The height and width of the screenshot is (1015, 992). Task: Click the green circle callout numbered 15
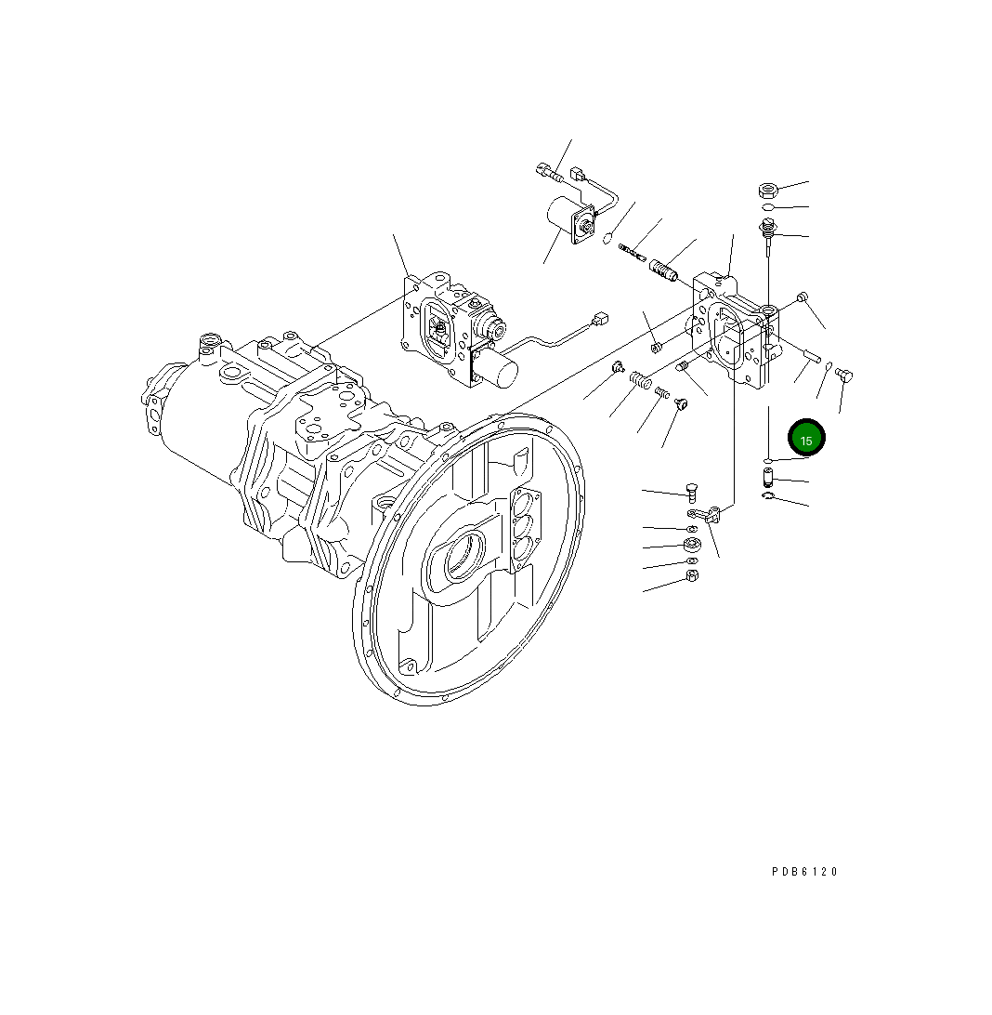point(806,440)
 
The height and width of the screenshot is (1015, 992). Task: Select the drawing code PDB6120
point(804,872)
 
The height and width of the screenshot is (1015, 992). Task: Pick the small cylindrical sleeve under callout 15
point(768,480)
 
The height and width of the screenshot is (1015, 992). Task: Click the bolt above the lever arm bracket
point(690,492)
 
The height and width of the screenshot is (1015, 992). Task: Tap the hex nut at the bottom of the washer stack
point(691,576)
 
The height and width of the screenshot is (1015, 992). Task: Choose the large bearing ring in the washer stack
point(691,544)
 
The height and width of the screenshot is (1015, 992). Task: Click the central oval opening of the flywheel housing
point(463,561)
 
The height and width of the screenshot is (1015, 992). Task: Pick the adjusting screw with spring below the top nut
point(769,231)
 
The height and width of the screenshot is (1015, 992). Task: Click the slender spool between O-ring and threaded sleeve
point(633,251)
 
